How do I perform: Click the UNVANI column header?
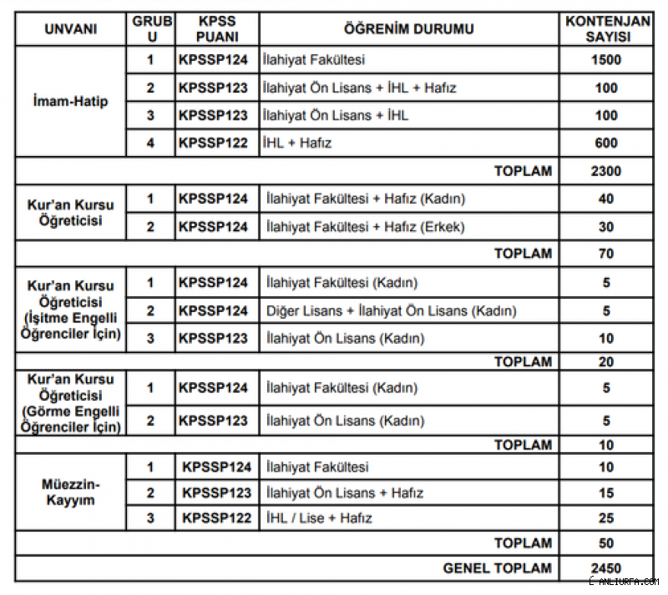click(x=71, y=29)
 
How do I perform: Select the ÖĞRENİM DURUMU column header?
click(x=408, y=29)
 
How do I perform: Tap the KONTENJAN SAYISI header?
click(x=606, y=29)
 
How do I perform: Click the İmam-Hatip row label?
click(x=71, y=102)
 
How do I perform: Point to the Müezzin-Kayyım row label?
click(x=71, y=492)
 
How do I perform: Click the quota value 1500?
click(x=606, y=60)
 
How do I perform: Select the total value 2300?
click(x=606, y=171)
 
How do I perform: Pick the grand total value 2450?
click(x=606, y=568)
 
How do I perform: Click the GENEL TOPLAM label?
click(x=498, y=568)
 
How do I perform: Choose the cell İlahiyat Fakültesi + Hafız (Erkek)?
click(x=365, y=226)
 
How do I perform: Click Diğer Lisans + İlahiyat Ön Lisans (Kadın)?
click(x=391, y=310)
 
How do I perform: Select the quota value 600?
click(x=606, y=143)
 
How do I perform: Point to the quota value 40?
click(x=606, y=199)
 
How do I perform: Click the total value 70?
click(x=606, y=254)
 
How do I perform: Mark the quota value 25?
click(x=606, y=518)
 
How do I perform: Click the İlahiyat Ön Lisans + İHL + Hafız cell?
click(x=359, y=88)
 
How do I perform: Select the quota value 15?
click(x=606, y=493)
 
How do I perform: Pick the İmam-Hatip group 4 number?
click(x=150, y=143)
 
